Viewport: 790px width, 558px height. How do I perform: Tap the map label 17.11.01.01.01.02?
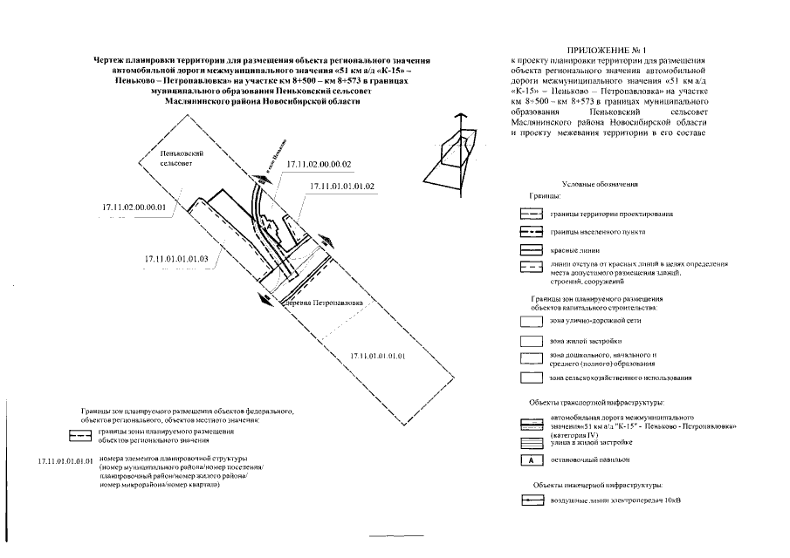coord(342,187)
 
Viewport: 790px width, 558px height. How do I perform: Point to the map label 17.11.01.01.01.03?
coord(175,259)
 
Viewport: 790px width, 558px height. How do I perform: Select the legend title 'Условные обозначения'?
coord(600,185)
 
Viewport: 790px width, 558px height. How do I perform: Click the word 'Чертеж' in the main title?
coord(111,59)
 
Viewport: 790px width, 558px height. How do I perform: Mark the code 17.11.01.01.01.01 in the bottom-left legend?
coord(66,459)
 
